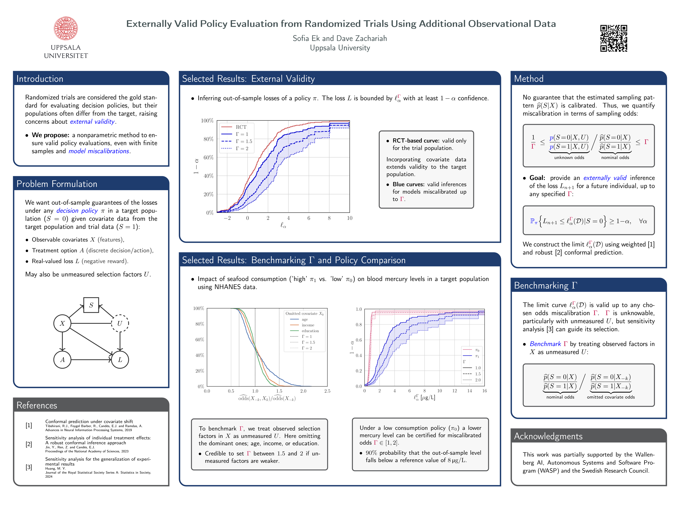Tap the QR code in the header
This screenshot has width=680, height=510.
pos(614,38)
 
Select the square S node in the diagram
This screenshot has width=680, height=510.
pos(91,305)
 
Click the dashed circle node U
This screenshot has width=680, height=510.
pos(120,323)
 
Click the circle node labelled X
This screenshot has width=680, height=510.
pos(62,323)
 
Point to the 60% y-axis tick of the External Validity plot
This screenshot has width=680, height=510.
pos(208,157)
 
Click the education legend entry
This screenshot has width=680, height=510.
pos(310,331)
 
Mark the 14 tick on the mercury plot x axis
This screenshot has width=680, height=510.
pos(469,391)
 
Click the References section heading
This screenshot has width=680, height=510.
pos(37,405)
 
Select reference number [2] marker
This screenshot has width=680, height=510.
pos(29,444)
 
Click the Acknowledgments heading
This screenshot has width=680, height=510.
pos(548,436)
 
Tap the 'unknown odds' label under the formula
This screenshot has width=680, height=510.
pos(569,157)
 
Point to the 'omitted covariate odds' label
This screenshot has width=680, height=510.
pos(611,397)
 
